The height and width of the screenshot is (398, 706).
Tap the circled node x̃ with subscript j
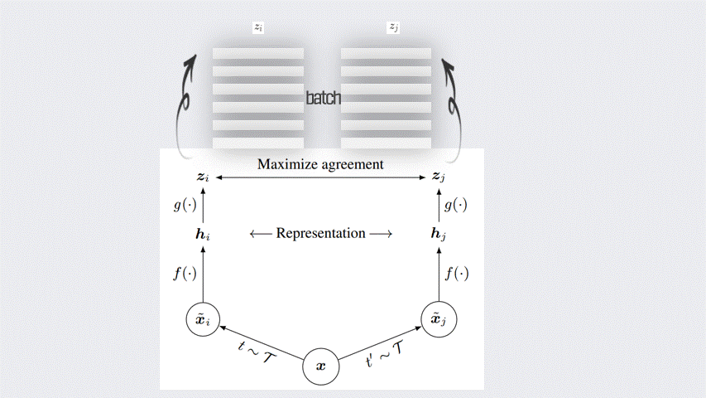click(439, 318)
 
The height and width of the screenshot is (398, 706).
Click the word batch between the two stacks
click(323, 98)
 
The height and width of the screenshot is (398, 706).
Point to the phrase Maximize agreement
click(320, 164)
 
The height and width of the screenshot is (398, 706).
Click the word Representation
click(320, 233)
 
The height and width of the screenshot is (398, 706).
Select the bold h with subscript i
click(203, 235)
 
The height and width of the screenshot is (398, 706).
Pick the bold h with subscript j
click(439, 235)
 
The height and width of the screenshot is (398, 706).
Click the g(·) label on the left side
click(185, 205)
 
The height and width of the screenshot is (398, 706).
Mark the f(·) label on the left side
click(185, 274)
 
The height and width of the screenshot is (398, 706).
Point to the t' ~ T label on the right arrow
click(384, 354)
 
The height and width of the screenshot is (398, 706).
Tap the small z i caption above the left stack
click(258, 27)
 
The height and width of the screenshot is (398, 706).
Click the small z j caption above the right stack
click(393, 27)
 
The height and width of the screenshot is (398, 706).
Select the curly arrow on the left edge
click(186, 104)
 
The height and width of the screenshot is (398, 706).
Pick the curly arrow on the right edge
click(452, 104)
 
